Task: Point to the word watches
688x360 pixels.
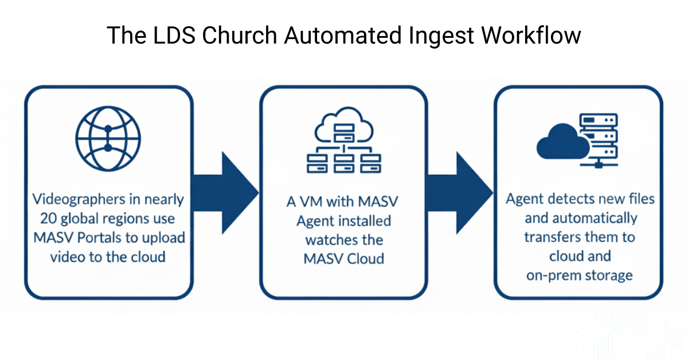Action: [343, 239]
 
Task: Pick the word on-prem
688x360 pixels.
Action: [552, 275]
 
